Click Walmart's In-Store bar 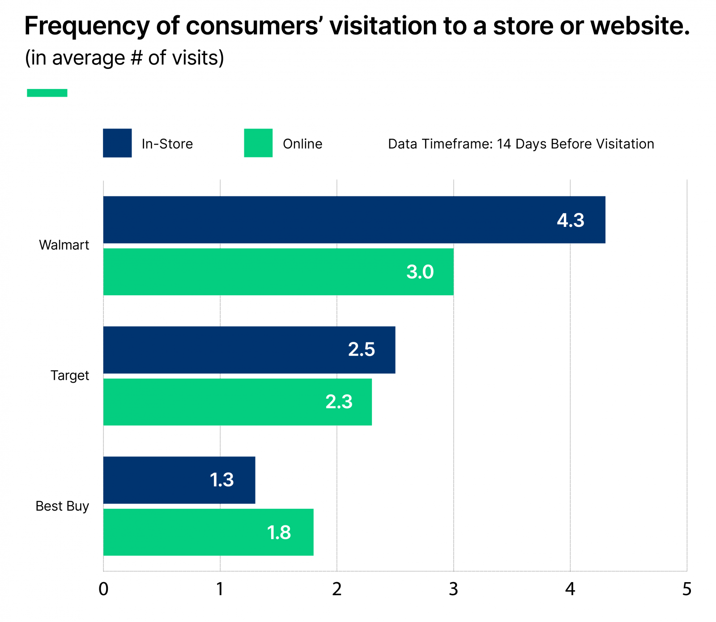(354, 220)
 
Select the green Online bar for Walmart (277, 272)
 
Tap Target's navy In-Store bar (249, 349)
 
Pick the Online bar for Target (237, 402)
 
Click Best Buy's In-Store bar (179, 480)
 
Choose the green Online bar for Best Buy (208, 532)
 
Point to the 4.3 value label (571, 220)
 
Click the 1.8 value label (279, 533)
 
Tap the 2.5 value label (362, 349)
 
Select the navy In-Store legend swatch (117, 143)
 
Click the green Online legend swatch (258, 143)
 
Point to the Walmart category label (64, 245)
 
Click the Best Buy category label (62, 506)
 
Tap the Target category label (70, 375)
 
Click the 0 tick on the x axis (103, 589)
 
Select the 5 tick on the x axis (687, 589)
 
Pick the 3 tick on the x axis (453, 589)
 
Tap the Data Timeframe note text (521, 144)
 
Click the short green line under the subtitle (47, 93)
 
